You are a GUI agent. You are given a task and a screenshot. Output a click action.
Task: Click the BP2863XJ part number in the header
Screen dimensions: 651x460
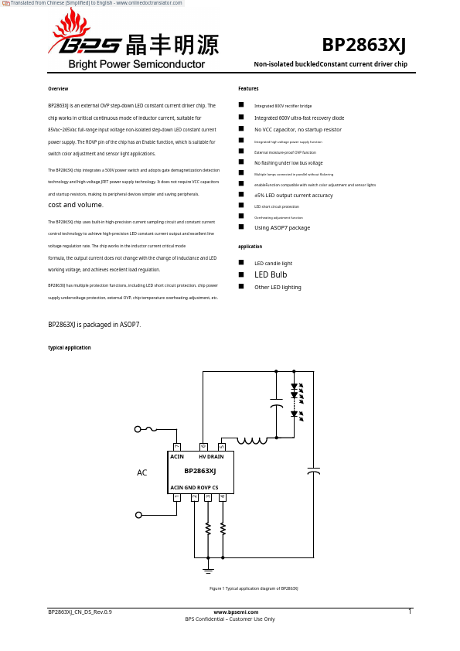coord(363,45)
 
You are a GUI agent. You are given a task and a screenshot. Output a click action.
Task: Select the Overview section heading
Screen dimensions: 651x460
coord(58,89)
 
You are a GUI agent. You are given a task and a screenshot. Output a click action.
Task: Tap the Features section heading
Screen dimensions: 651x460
coord(248,89)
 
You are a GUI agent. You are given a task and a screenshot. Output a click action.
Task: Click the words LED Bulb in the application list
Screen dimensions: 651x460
coord(271,274)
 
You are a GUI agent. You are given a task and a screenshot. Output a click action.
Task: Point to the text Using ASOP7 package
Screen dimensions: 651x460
coord(282,227)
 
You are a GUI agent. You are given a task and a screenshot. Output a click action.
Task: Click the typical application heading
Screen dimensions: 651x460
coord(70,348)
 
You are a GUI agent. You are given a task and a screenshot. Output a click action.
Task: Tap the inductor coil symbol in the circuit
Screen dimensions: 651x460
coord(252,441)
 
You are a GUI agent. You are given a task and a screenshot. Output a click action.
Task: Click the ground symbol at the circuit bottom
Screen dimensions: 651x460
coord(208,570)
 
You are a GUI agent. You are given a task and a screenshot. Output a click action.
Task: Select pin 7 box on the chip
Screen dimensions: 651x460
coord(177,447)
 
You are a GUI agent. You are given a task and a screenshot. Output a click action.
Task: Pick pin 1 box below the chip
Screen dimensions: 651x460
coord(177,497)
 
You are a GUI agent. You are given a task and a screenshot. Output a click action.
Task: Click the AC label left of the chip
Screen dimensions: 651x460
coord(142,472)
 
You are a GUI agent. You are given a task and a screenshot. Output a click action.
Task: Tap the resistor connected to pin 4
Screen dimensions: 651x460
coord(223,528)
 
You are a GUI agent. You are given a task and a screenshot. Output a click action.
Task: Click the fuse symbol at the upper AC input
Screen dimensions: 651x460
coord(151,428)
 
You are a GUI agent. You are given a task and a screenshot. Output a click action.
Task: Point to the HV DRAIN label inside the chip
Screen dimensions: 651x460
coord(211,457)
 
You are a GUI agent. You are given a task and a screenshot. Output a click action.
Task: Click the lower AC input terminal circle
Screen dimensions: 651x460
coord(138,515)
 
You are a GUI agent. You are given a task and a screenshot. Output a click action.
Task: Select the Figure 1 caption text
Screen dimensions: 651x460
coord(254,588)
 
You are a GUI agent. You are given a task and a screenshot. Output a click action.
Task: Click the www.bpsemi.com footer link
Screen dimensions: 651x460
coord(230,612)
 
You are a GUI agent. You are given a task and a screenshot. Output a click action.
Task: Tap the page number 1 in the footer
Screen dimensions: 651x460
coord(410,612)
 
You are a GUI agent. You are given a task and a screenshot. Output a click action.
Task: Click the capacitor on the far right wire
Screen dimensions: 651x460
coord(313,470)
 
